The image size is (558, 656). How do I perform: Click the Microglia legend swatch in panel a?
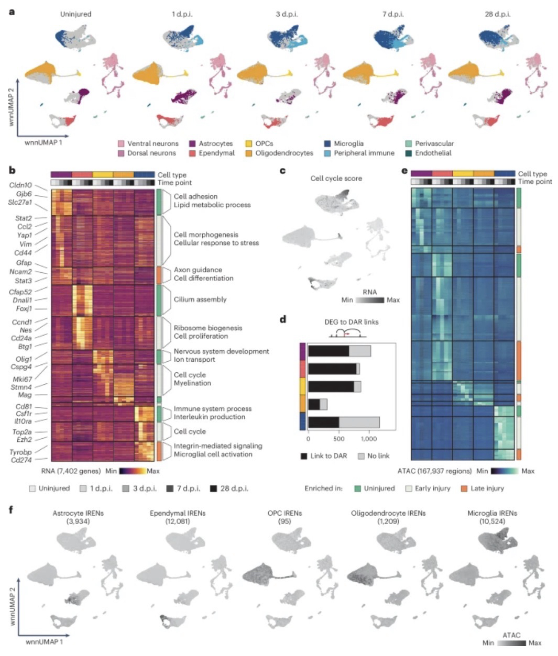tap(327, 143)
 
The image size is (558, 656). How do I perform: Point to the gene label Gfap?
tap(24, 262)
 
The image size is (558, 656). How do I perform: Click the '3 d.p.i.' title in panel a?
tap(287, 14)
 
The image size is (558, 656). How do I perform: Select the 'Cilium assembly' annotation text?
tap(200, 299)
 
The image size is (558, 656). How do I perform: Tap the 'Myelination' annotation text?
tap(192, 383)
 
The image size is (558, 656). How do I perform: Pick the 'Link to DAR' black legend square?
tap(304, 456)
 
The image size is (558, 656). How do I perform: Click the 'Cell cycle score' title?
tap(336, 178)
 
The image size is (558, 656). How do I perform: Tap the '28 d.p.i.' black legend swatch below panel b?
tap(214, 488)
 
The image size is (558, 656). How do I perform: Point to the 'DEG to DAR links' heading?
tap(347, 321)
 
